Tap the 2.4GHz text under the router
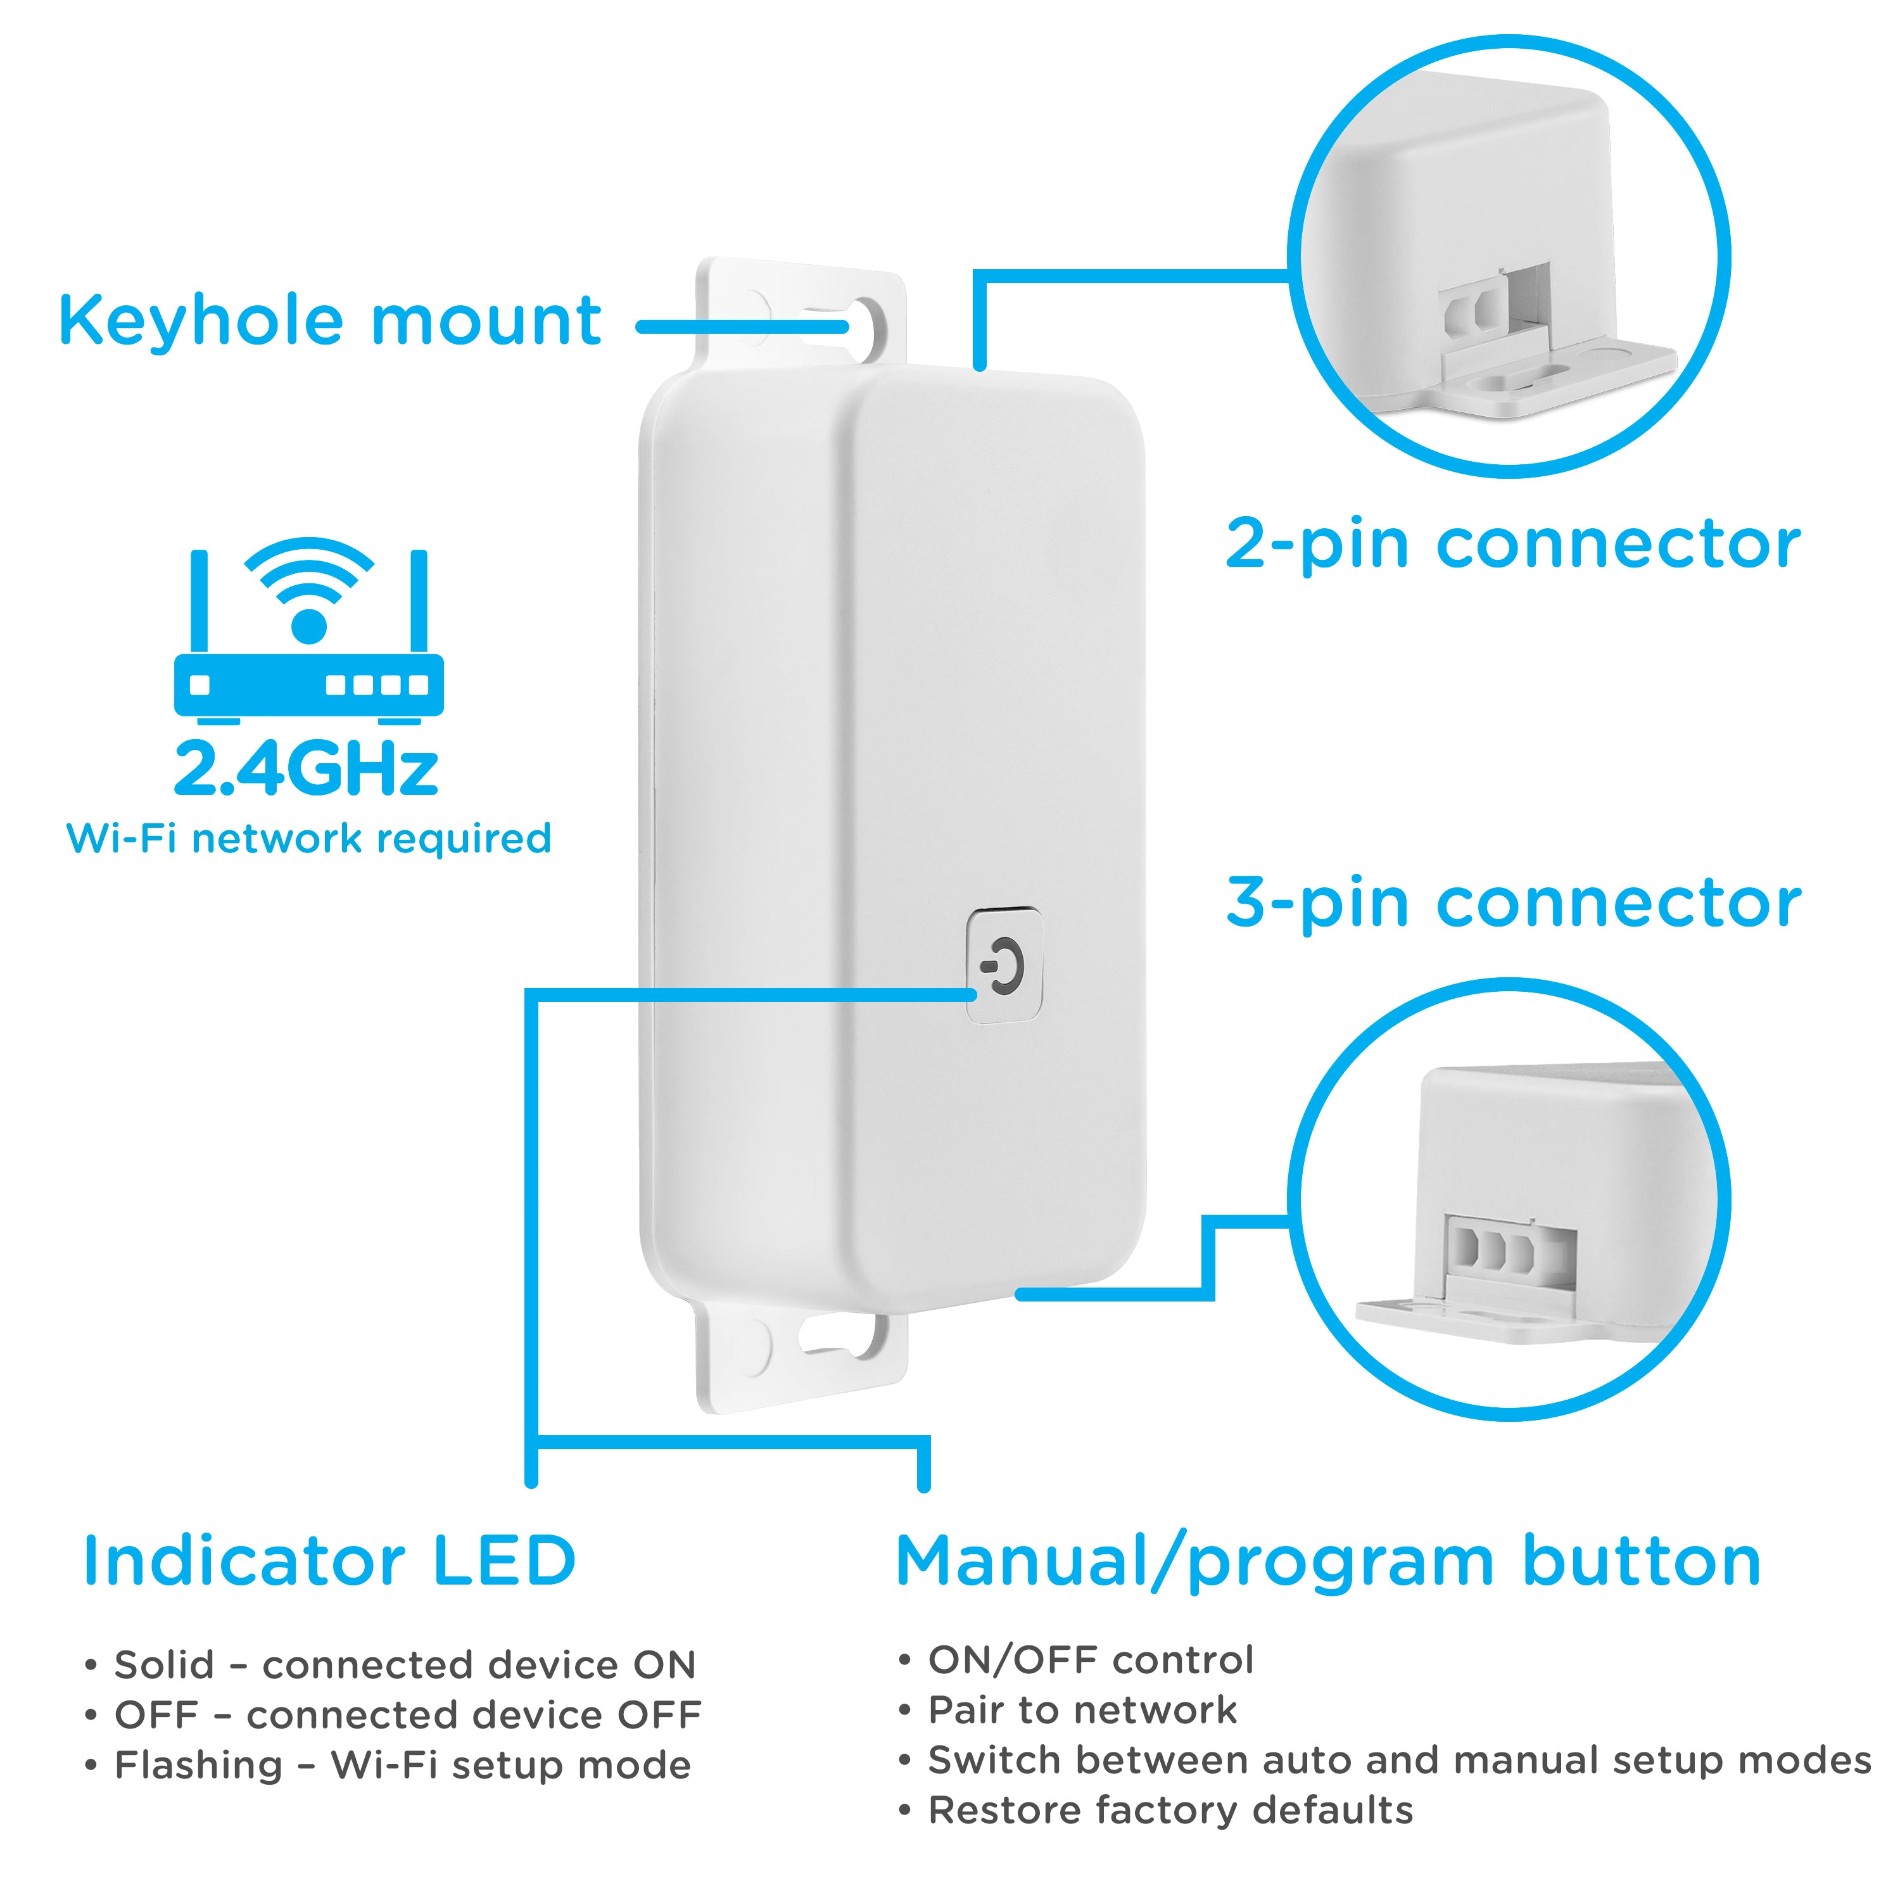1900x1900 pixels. coord(306,768)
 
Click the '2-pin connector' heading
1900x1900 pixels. coord(1512,544)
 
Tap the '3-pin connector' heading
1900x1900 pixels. coord(1512,902)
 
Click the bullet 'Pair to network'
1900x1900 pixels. coord(1082,1709)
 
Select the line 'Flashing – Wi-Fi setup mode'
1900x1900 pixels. coord(402,1764)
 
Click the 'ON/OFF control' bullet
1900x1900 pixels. coord(1089,1659)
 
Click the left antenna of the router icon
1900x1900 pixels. coord(199,600)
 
